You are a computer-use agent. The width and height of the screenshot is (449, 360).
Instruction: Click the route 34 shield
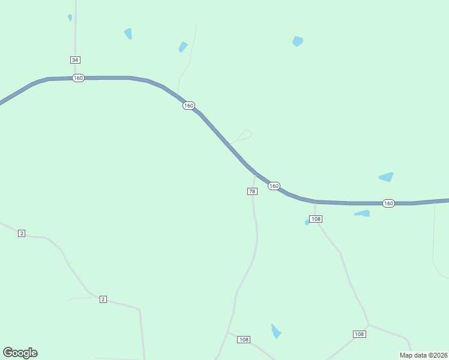75,60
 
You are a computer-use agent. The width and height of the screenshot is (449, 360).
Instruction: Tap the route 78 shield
252,191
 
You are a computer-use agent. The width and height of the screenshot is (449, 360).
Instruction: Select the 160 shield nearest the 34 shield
78,78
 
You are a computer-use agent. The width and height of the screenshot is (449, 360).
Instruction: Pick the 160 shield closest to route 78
274,186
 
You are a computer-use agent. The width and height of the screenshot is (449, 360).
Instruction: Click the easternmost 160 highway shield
388,203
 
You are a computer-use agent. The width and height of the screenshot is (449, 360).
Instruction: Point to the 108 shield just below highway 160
316,219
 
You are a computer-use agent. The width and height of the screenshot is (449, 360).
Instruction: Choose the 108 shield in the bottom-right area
359,334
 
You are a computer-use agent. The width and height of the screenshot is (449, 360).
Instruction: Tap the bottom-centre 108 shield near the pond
243,340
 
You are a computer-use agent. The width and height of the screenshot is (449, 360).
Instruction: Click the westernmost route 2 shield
22,233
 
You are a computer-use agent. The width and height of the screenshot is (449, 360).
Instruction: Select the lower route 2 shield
103,299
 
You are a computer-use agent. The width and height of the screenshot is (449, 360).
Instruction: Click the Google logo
20,353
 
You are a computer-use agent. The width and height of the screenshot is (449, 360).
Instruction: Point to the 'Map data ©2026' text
423,355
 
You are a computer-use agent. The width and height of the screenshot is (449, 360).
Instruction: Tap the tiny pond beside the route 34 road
70,18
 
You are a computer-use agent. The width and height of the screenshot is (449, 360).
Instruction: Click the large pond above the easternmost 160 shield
386,176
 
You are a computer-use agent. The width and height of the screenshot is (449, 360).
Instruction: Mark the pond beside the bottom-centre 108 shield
276,331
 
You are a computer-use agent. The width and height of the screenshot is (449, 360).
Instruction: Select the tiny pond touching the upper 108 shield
307,222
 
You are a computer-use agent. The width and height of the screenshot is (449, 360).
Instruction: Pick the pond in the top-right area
297,41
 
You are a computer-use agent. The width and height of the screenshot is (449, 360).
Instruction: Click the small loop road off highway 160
246,134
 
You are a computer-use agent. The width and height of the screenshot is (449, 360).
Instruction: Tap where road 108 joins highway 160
315,202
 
